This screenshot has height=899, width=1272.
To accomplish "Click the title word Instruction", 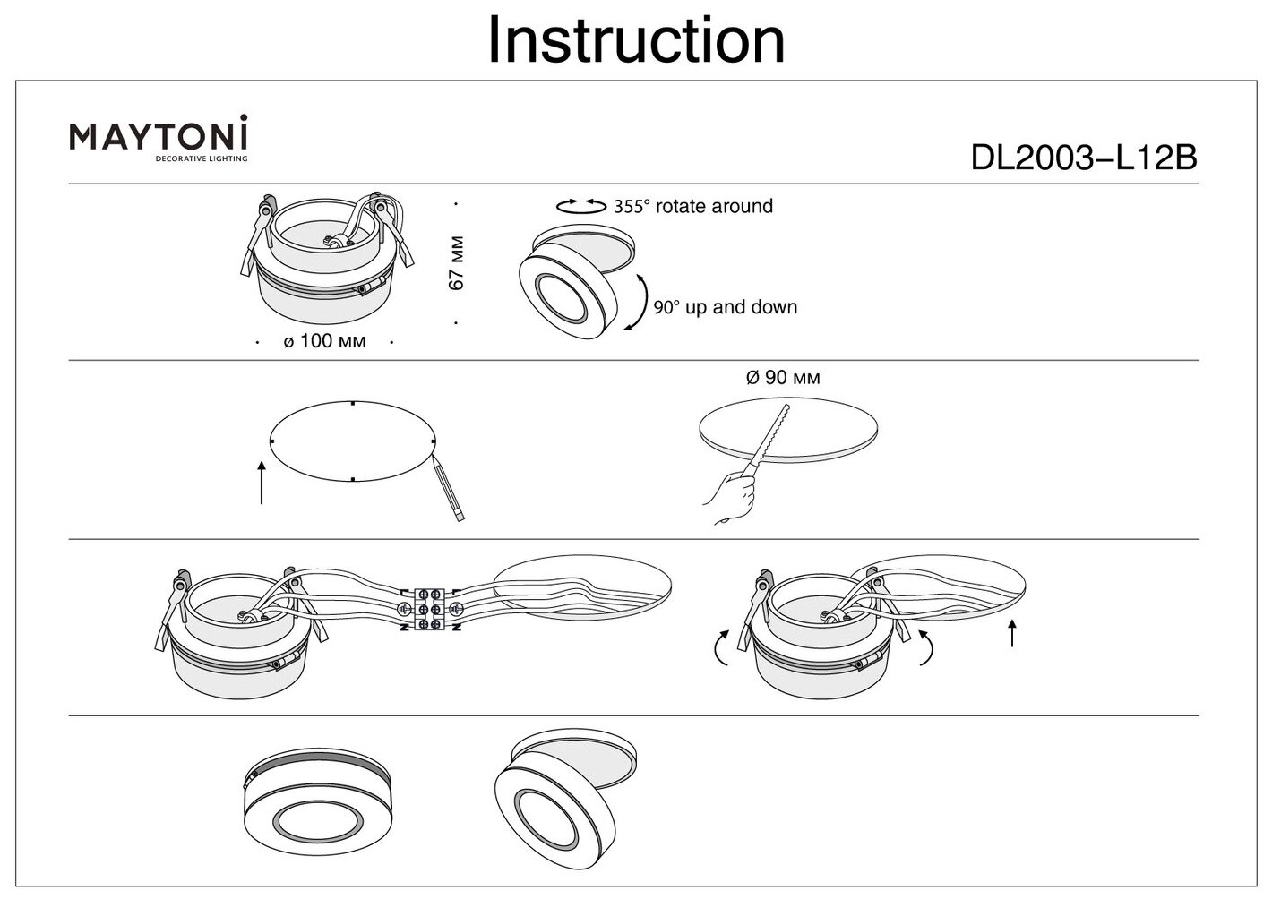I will pyautogui.click(x=635, y=41).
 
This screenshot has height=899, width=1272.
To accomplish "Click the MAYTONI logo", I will pyautogui.click(x=159, y=136).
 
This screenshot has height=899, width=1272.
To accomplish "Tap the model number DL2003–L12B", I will pyautogui.click(x=1084, y=158).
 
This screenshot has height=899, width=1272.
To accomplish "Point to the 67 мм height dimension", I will pyautogui.click(x=457, y=262).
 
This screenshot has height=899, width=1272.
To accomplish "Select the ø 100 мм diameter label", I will pyautogui.click(x=324, y=341).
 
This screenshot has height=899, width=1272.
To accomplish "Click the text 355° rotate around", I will pyautogui.click(x=692, y=207).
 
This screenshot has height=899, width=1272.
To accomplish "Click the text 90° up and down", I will pyautogui.click(x=725, y=307).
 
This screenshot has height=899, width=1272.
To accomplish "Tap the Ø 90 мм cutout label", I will pyautogui.click(x=782, y=378).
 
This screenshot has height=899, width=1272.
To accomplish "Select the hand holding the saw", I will pyautogui.click(x=732, y=498).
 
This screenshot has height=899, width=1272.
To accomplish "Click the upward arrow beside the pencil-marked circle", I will pyautogui.click(x=262, y=483).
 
